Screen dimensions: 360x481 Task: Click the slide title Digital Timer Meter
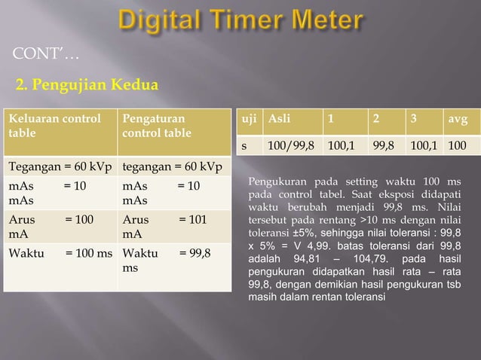(x=240, y=20)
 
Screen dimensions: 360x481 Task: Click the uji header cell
(x=247, y=119)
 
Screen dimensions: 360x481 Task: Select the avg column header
(x=457, y=119)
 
